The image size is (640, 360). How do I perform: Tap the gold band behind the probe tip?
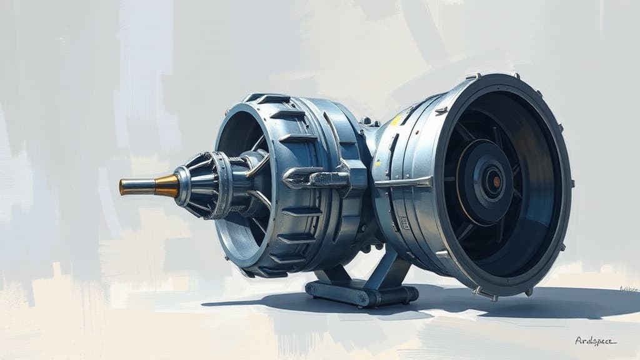tap(166, 186)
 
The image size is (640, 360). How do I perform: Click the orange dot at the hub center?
tap(497, 182)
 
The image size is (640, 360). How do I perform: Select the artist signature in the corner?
tap(595, 341)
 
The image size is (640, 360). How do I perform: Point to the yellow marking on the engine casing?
tap(396, 119)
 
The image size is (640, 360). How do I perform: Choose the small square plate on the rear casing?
tap(404, 222)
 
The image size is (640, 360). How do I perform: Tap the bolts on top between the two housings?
tap(369, 121)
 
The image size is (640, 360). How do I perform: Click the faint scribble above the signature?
tap(627, 289)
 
